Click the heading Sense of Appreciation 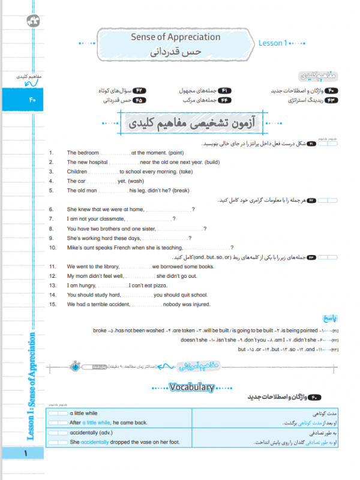(175, 37)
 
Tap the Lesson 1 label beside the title (273, 43)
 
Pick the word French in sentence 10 (124, 247)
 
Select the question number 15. (52, 304)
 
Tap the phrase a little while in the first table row (83, 413)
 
